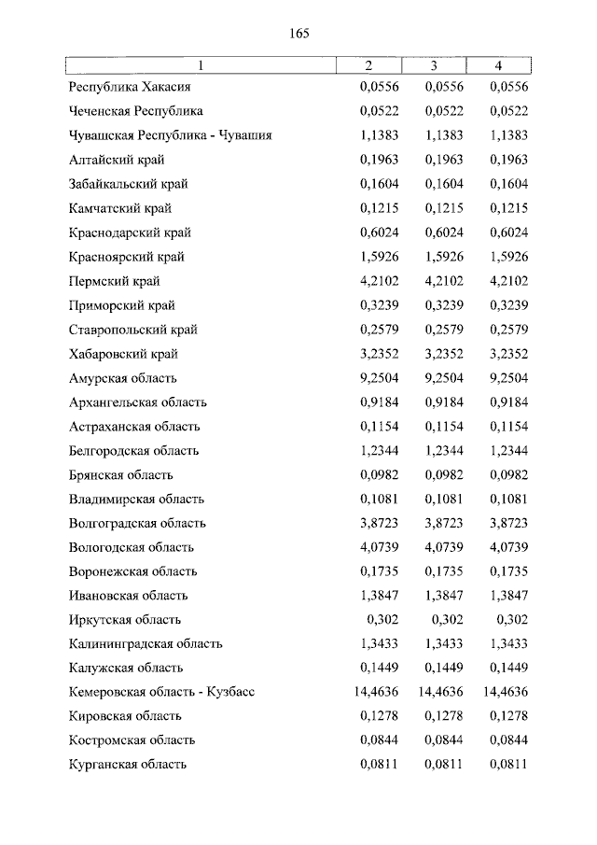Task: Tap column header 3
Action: coord(434,65)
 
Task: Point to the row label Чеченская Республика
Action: coord(136,112)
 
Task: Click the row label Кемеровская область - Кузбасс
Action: coord(161,692)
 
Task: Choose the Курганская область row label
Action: coord(128,764)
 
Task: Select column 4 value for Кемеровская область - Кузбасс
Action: coord(506,692)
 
